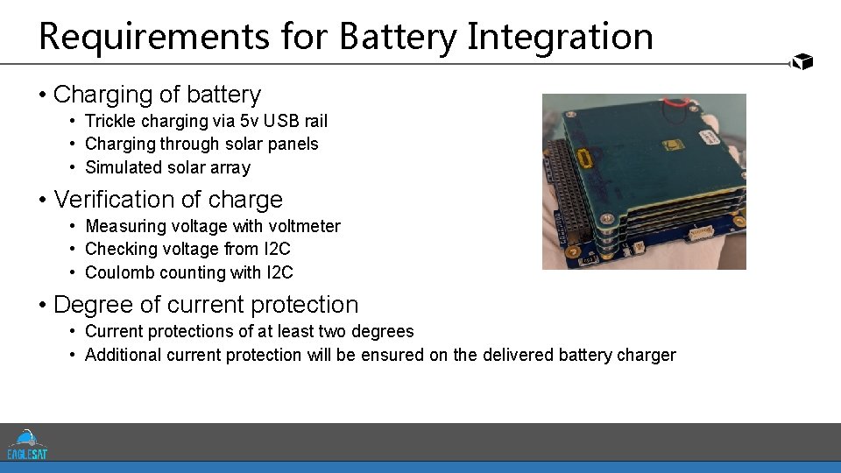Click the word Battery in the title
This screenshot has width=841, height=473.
398,37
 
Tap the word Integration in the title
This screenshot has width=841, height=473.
560,37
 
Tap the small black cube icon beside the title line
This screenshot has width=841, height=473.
802,61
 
